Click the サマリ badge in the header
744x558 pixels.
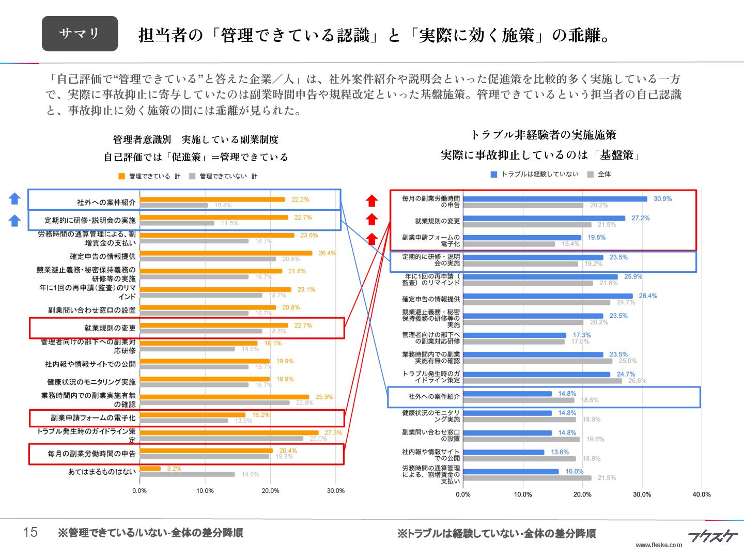[80, 34]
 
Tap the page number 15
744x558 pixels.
[30, 532]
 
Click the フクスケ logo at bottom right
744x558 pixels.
[712, 536]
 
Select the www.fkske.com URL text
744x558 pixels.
[659, 545]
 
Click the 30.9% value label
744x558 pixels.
[662, 199]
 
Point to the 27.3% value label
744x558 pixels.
[333, 433]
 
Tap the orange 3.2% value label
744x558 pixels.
[174, 469]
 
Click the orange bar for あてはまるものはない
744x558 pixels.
[150, 469]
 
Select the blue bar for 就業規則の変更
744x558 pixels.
[544, 219]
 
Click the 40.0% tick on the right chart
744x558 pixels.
[702, 494]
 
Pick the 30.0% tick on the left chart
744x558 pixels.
[335, 491]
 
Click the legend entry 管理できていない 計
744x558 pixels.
[224, 176]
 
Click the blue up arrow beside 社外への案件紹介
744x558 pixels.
[14, 199]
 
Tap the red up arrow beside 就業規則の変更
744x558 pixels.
[372, 219]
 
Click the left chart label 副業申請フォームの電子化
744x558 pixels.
[93, 418]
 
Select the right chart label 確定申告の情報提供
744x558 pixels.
[431, 299]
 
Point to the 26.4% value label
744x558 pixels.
[327, 253]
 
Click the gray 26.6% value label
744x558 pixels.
[637, 381]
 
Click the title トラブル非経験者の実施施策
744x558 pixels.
[543, 135]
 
